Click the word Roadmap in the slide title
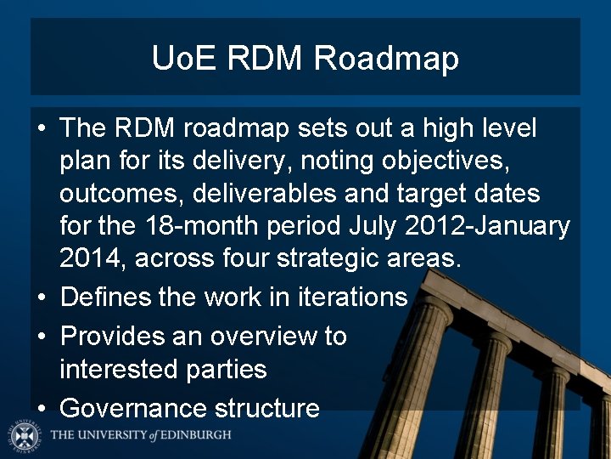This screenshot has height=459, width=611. pyautogui.click(x=386, y=59)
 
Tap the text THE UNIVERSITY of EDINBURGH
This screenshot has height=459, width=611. pyautogui.click(x=140, y=435)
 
